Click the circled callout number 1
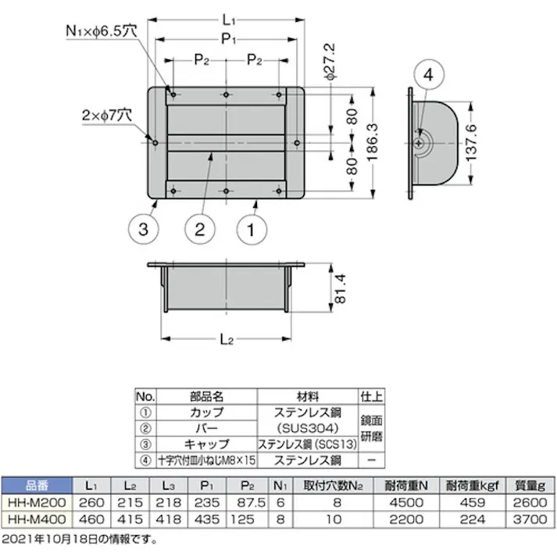coord(252,230)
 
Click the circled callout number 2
coord(199,230)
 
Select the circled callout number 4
coord(427,75)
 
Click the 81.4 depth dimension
coord(338,288)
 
